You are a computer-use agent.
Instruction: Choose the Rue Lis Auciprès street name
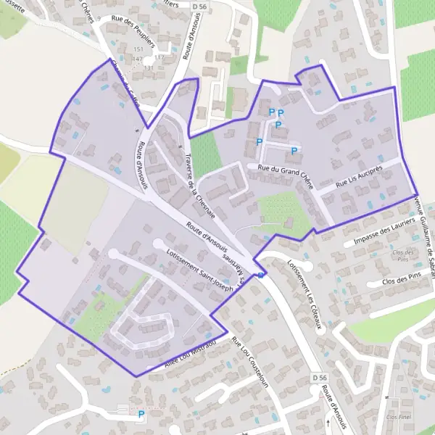[x=360, y=178]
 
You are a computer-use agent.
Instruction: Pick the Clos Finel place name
[x=399, y=417]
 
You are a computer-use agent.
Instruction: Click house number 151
[x=138, y=49]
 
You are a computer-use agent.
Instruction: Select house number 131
[x=149, y=67]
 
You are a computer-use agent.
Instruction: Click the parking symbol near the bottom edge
[x=141, y=415]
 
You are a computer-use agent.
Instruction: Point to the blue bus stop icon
[x=261, y=275]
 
